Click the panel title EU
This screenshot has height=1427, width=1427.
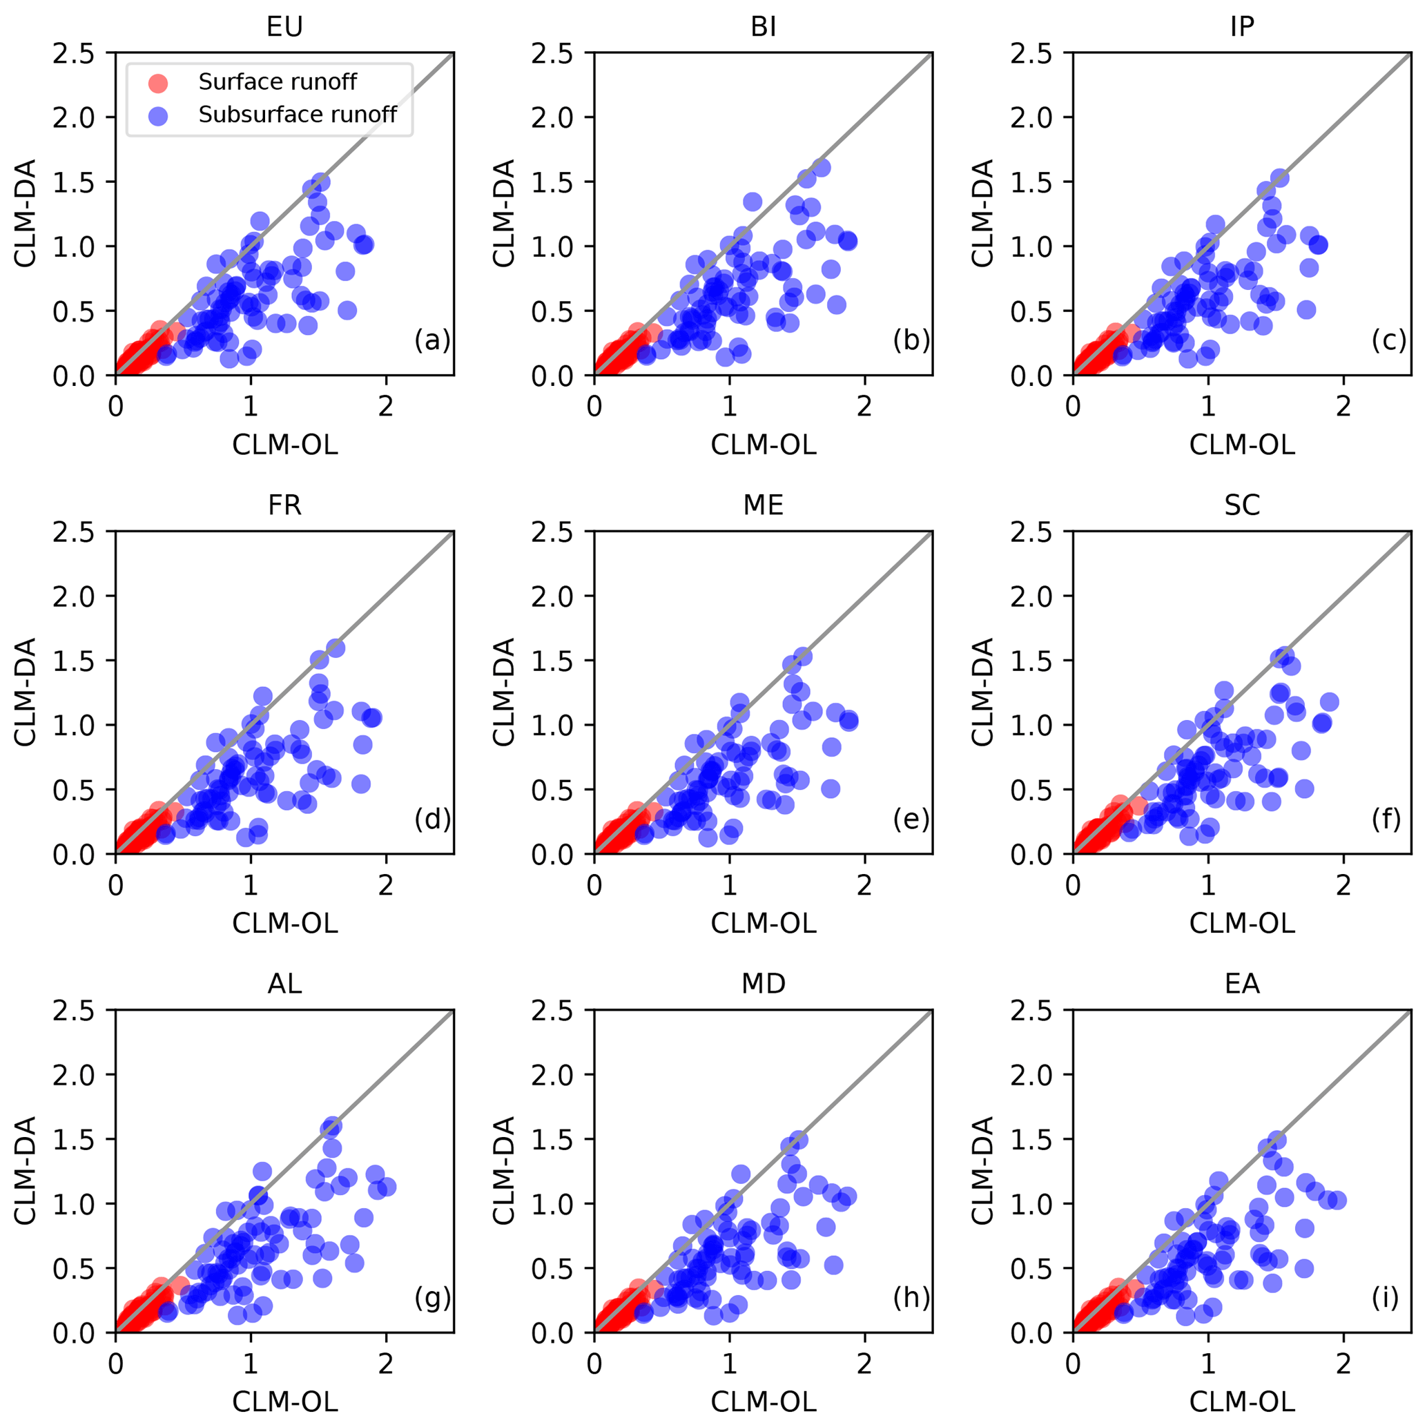point(284,28)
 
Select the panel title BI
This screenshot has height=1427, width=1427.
point(763,28)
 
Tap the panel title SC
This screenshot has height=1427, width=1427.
point(1241,506)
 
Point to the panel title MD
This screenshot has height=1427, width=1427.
point(763,984)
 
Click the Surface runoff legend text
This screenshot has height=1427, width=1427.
point(277,82)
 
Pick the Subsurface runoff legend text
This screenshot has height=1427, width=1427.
point(297,115)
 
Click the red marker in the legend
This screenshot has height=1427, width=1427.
point(158,83)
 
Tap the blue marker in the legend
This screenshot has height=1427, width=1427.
point(158,115)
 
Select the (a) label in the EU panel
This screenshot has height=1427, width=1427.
point(431,340)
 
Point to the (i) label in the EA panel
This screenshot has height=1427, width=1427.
point(1386,1298)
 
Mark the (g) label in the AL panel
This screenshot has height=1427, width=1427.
point(431,1298)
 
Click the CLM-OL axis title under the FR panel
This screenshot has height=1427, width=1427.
point(284,923)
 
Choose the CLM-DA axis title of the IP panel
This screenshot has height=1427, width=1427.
point(982,213)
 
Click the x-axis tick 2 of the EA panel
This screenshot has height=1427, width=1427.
point(1343,1364)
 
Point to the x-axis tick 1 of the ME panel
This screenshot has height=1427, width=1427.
point(729,886)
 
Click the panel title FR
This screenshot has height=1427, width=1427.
point(284,506)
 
